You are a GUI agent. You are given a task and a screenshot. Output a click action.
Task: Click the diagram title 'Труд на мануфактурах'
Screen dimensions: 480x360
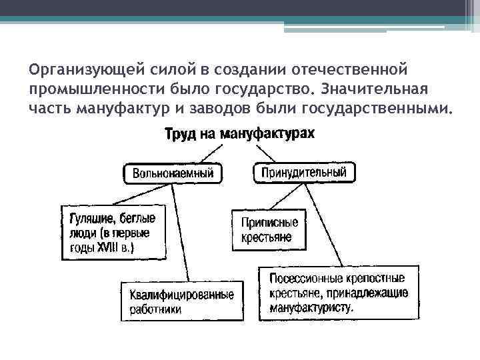click(239, 134)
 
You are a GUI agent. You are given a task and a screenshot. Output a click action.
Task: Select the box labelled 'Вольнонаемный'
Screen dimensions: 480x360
click(173, 173)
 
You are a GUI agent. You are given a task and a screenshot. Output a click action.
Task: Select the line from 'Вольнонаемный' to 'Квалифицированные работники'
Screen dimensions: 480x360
click(181, 233)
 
